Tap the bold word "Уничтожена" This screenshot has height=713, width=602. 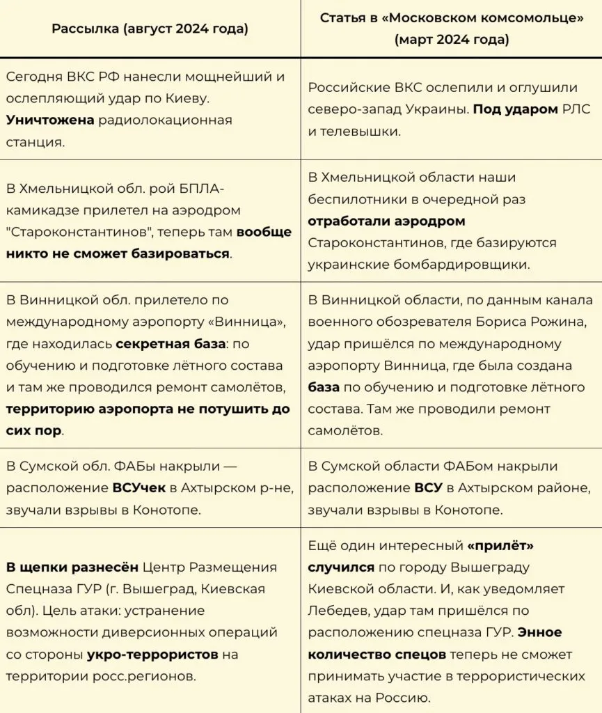pyautogui.click(x=49, y=120)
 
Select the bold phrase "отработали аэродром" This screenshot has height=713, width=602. pyautogui.click(x=386, y=221)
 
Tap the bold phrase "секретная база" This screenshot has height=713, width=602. pyautogui.click(x=171, y=343)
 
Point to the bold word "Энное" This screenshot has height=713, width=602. pyautogui.click(x=540, y=632)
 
